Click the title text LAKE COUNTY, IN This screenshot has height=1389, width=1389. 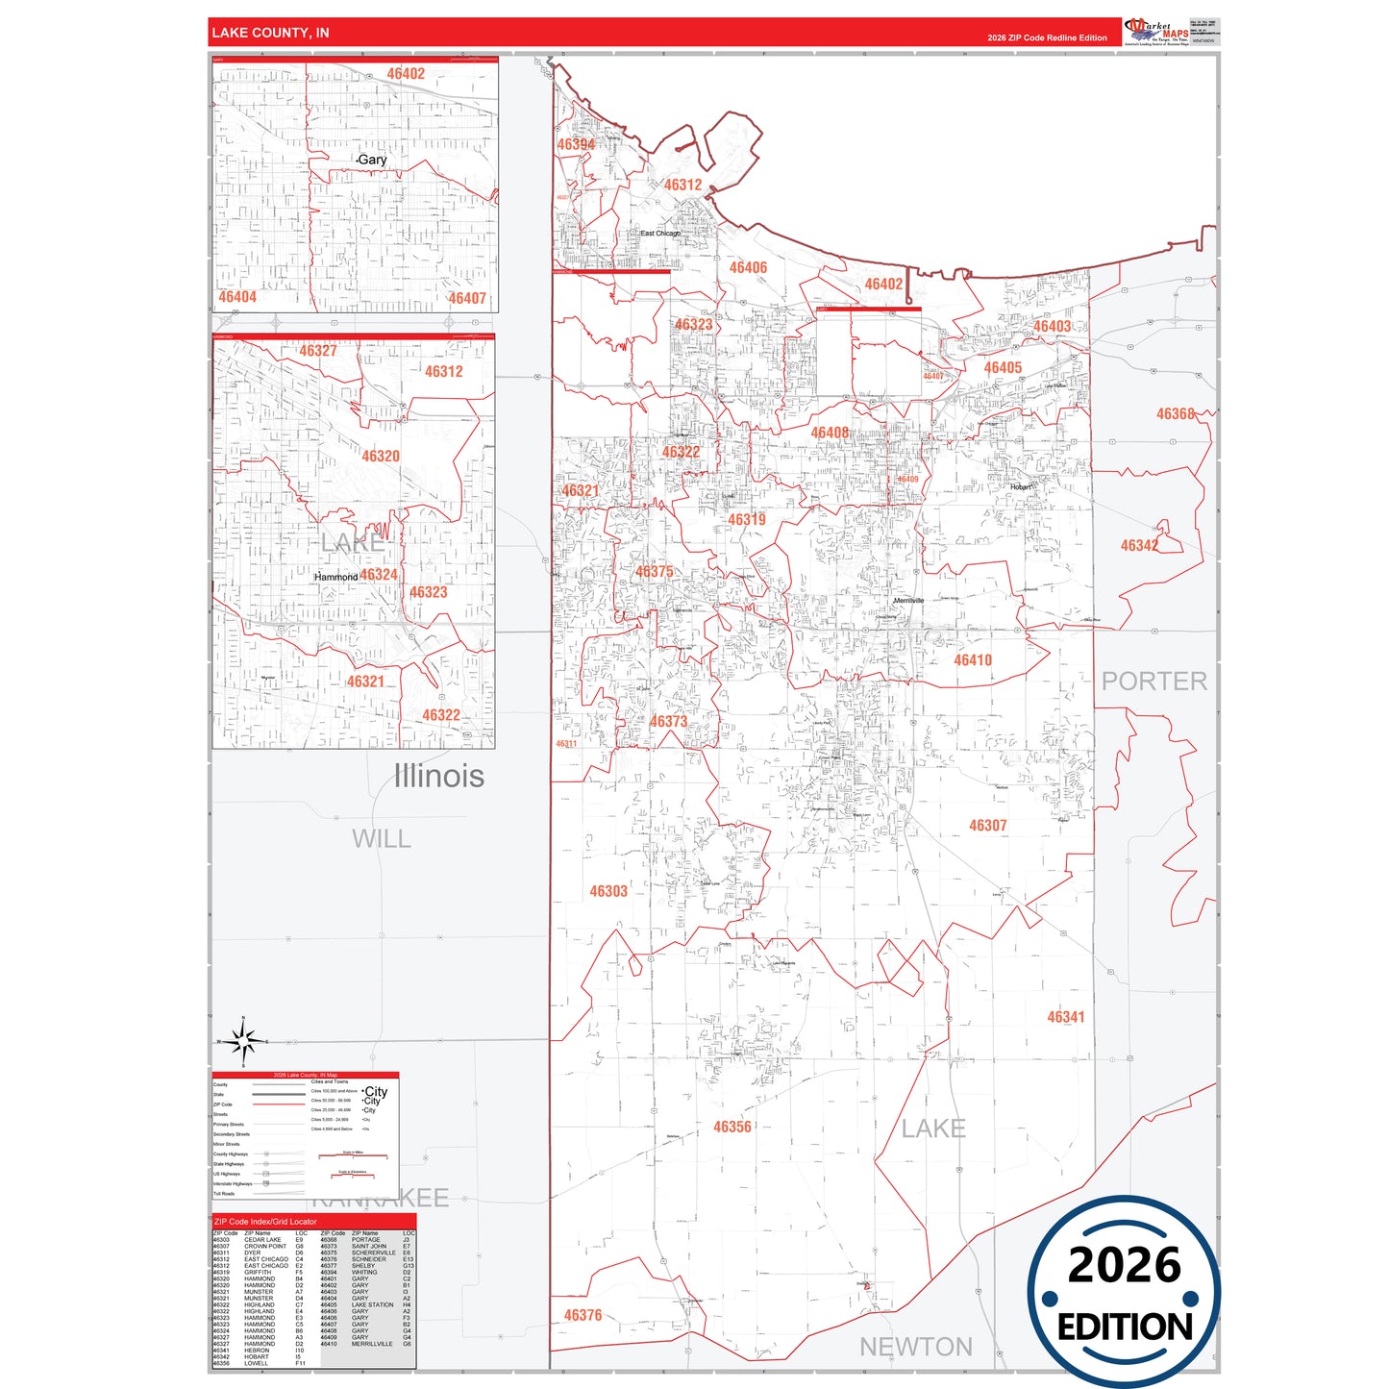[270, 33]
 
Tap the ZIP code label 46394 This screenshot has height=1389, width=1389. [576, 144]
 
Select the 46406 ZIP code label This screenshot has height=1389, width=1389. [748, 267]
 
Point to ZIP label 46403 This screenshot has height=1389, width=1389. [1052, 326]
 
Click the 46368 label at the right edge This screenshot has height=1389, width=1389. [1175, 413]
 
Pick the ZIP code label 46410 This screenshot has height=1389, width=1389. [973, 660]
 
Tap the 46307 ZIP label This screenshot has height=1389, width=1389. [987, 826]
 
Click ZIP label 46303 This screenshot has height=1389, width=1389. [608, 891]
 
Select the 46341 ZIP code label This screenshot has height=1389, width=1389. [1065, 1017]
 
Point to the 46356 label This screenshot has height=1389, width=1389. [732, 1127]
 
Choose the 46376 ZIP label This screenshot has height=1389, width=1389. [583, 1315]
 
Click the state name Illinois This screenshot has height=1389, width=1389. [438, 776]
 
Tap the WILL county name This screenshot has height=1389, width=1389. [382, 839]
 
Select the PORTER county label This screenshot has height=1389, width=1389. [1153, 682]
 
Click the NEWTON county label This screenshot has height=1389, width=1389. [915, 1348]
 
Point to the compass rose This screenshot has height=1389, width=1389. [244, 1041]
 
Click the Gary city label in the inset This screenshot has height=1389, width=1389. [372, 160]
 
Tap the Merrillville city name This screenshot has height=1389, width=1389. [908, 601]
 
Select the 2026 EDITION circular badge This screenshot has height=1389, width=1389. [1123, 1292]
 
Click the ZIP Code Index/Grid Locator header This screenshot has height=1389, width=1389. [265, 1222]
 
